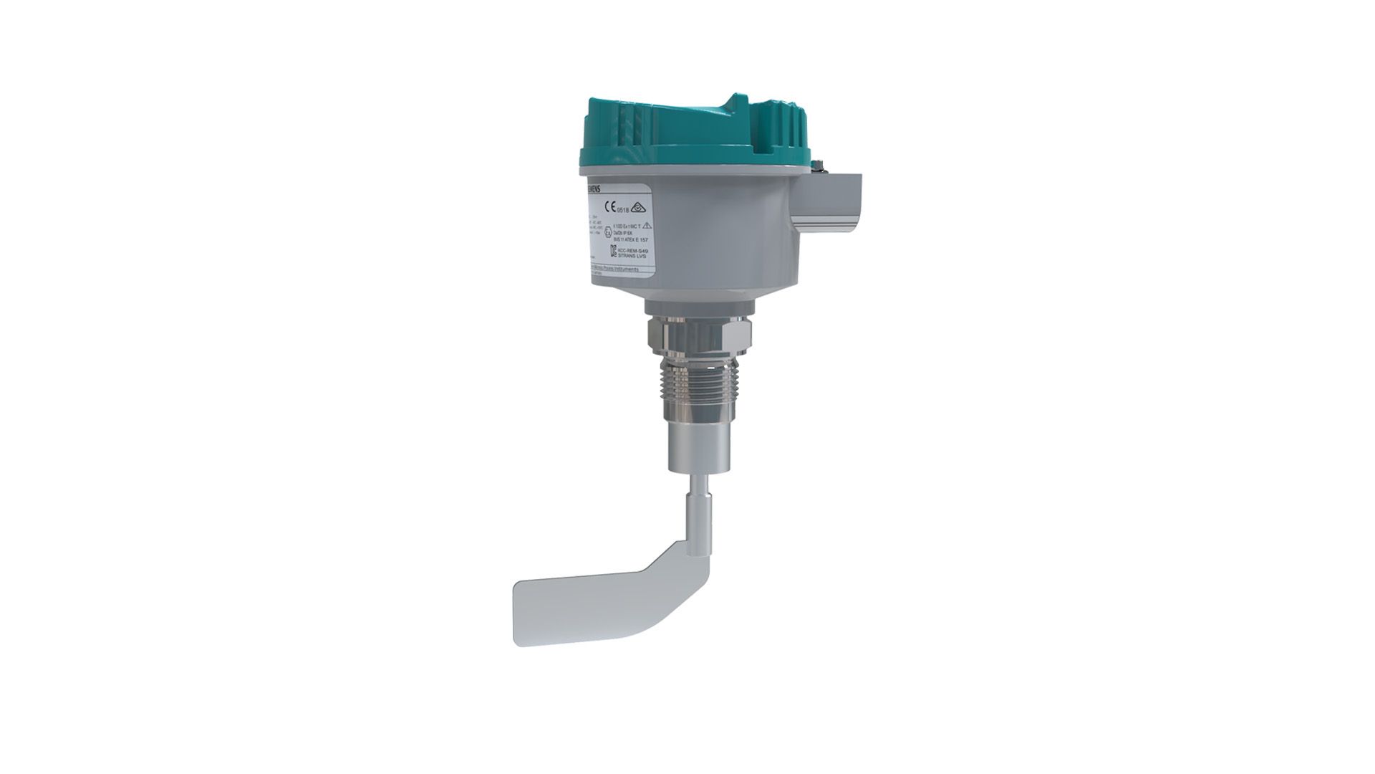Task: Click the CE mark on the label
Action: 609,208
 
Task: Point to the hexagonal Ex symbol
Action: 608,232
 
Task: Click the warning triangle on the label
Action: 647,226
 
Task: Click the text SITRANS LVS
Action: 632,255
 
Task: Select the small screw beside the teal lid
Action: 816,166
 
